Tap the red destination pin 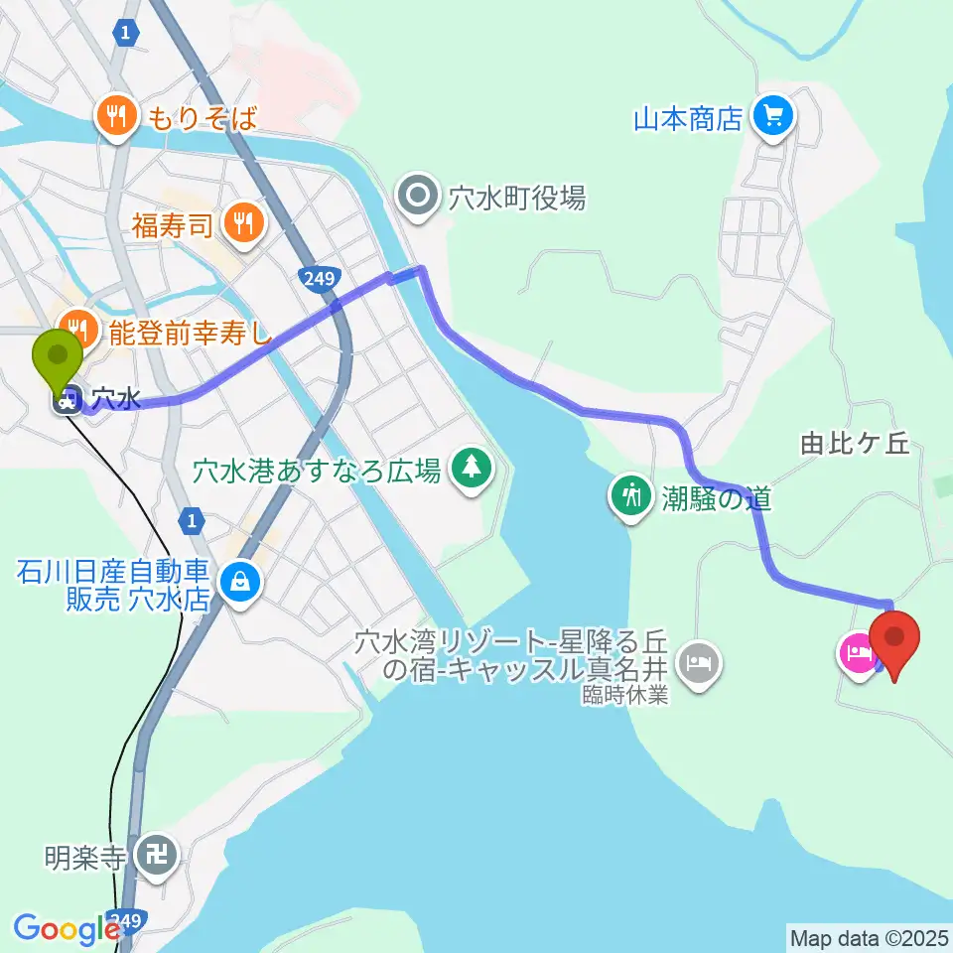point(894,638)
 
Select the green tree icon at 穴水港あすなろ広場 point(471,468)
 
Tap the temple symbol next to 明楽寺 point(156,855)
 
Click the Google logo point(66,929)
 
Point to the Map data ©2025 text point(870,936)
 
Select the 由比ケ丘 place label point(855,444)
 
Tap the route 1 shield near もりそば point(123,34)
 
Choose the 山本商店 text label point(688,120)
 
